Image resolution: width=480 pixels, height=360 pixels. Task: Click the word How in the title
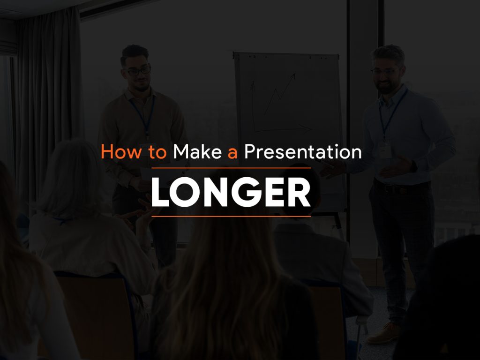[x=121, y=151]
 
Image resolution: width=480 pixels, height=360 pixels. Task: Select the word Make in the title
[x=197, y=151]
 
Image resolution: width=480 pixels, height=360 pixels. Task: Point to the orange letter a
[x=232, y=153]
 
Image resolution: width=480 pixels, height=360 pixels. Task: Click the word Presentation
[x=303, y=151]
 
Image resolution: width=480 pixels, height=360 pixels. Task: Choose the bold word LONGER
[x=231, y=192]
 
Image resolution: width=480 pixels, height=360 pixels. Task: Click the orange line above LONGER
[x=231, y=168]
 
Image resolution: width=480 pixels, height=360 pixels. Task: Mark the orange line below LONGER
[x=231, y=217]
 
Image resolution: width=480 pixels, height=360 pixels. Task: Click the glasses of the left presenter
[x=139, y=71]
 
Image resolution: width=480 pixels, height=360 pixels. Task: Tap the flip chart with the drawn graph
[x=289, y=128]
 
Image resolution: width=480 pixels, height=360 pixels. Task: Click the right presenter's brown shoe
[x=384, y=333]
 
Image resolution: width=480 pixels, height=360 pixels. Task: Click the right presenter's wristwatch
[x=413, y=166]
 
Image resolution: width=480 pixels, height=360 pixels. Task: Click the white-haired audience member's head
[x=71, y=178]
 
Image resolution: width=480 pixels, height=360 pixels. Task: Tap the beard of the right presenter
[x=386, y=86]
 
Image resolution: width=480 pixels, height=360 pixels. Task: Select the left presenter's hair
[x=135, y=52]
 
